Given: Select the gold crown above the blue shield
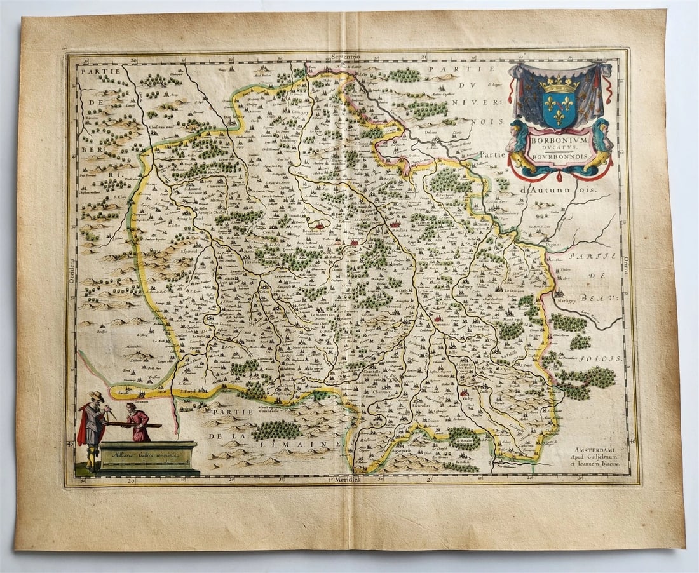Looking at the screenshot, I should [559, 83].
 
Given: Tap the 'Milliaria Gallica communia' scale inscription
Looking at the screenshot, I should [147, 455].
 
